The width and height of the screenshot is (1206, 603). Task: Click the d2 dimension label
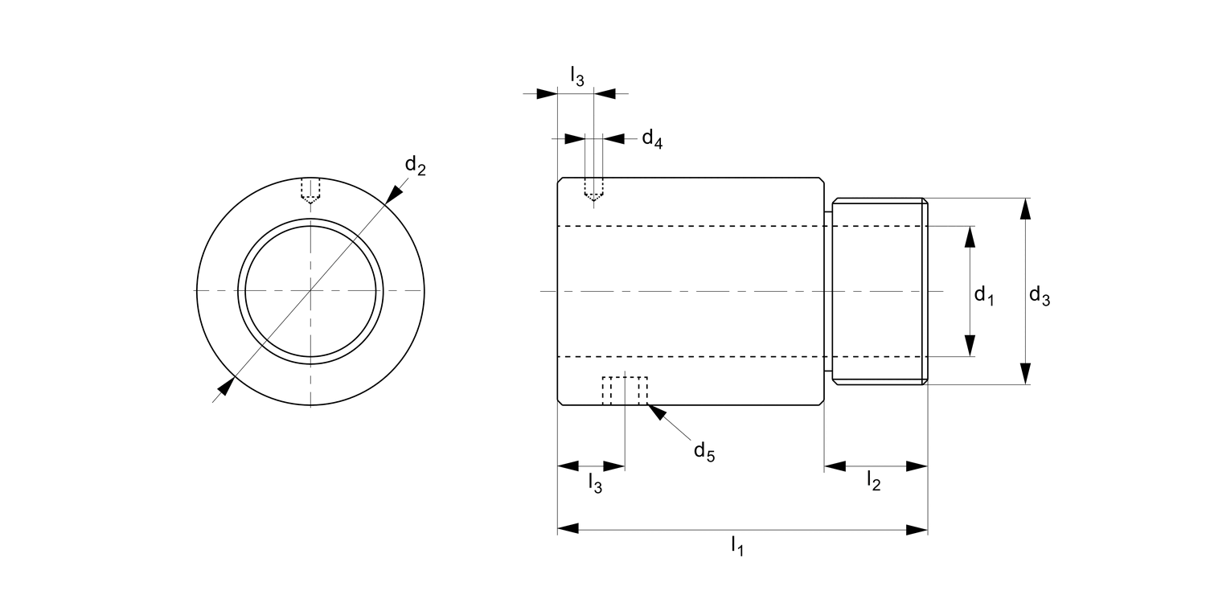[x=415, y=166]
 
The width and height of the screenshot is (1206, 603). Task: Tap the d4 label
[x=651, y=139]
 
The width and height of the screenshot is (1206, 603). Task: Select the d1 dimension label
[x=984, y=296]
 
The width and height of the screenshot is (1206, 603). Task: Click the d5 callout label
[x=703, y=452]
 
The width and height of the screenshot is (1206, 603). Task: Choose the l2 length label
[x=873, y=481]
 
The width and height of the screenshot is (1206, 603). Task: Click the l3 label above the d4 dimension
[x=577, y=76]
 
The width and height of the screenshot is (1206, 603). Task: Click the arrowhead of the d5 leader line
[x=655, y=412]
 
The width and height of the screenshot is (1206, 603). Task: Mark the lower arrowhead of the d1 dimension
[x=970, y=345]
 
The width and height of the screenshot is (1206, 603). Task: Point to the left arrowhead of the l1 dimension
[x=568, y=529]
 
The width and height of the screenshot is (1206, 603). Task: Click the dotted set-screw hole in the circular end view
[x=310, y=190]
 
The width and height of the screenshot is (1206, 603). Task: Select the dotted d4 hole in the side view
[x=594, y=189]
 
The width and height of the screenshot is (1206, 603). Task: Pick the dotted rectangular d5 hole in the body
[x=626, y=391]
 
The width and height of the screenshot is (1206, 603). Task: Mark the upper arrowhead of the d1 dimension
[x=970, y=237]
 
